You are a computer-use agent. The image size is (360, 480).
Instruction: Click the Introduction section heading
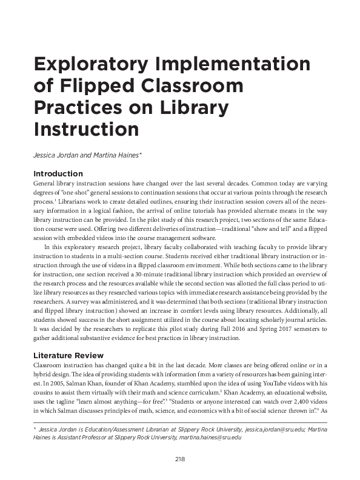tap(58, 174)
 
